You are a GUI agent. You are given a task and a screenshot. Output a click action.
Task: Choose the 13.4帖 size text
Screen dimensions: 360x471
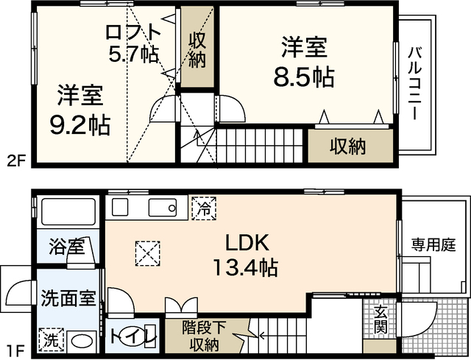pyautogui.click(x=245, y=267)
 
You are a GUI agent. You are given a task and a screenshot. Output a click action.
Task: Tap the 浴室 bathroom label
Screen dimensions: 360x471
pyautogui.click(x=67, y=247)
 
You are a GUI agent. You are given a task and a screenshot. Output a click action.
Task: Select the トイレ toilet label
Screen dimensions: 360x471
pyautogui.click(x=132, y=338)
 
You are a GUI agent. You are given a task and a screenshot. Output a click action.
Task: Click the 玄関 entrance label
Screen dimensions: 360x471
pyautogui.click(x=380, y=320)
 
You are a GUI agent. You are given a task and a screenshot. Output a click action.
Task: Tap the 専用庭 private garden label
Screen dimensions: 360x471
pyautogui.click(x=429, y=244)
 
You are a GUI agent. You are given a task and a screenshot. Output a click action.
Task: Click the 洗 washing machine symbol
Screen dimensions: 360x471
pyautogui.click(x=52, y=339)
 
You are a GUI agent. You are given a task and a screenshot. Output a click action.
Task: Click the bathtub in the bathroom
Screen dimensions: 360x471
pyautogui.click(x=68, y=211)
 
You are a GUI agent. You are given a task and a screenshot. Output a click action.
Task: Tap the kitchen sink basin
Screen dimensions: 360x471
pyautogui.click(x=163, y=208)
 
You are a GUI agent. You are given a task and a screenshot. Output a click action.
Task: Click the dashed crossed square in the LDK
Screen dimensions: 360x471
pyautogui.click(x=147, y=254)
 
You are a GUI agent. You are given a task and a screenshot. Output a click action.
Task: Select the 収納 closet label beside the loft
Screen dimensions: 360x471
pyautogui.click(x=196, y=49)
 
